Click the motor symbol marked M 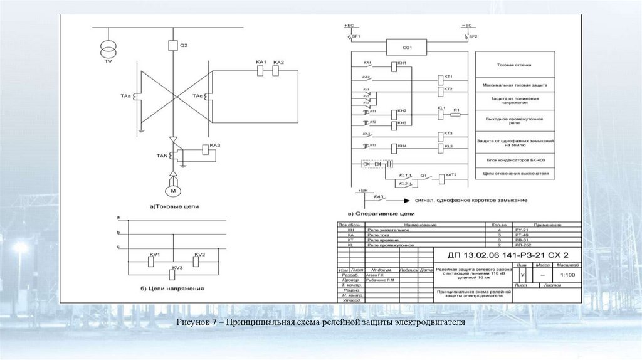coord(172,189)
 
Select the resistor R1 coord(455,114)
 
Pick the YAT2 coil coord(440,179)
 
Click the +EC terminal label coord(349,26)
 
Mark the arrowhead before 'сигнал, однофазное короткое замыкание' coord(406,200)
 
